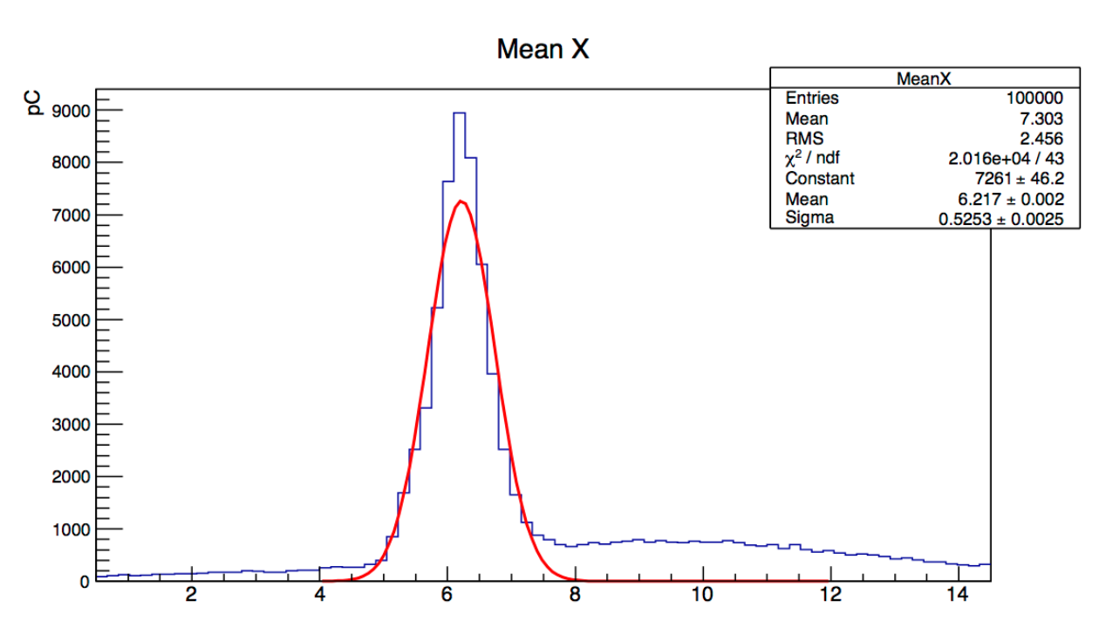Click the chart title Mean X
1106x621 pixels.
543,50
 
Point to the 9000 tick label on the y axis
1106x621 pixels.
71,111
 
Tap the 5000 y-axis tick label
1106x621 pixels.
71,320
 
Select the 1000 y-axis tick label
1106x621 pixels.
71,529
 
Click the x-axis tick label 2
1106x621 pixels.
191,596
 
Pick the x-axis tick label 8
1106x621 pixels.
575,596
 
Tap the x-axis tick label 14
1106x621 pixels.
958,596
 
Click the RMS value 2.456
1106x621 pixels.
1041,139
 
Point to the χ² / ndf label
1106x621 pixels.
814,158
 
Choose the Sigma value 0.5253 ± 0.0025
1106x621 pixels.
1000,219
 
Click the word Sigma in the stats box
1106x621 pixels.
809,218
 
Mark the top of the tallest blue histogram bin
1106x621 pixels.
459,113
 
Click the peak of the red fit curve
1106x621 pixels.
461,201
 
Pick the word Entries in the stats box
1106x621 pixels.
811,98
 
